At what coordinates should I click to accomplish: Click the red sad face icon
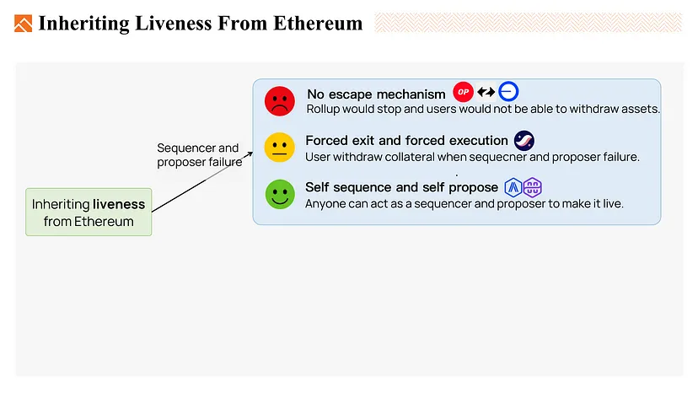pos(280,101)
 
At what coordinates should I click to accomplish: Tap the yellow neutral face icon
pos(280,147)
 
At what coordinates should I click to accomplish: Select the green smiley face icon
pos(280,194)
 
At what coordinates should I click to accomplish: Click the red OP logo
pos(463,92)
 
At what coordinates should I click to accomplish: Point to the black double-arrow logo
pos(486,92)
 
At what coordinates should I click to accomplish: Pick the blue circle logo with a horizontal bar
pos(508,92)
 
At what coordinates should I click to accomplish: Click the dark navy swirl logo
pos(524,141)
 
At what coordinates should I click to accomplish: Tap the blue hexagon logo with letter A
pos(513,187)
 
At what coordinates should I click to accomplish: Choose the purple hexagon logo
pos(533,187)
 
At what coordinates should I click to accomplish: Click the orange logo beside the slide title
pos(23,24)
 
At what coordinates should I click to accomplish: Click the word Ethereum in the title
pos(318,23)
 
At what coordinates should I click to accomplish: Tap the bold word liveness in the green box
pos(119,204)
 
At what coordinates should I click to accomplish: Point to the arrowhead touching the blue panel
pos(250,154)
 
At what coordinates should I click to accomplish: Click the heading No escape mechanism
pos(376,94)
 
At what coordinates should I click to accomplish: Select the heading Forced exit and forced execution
pos(406,140)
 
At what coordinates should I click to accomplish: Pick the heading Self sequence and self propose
pos(401,187)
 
